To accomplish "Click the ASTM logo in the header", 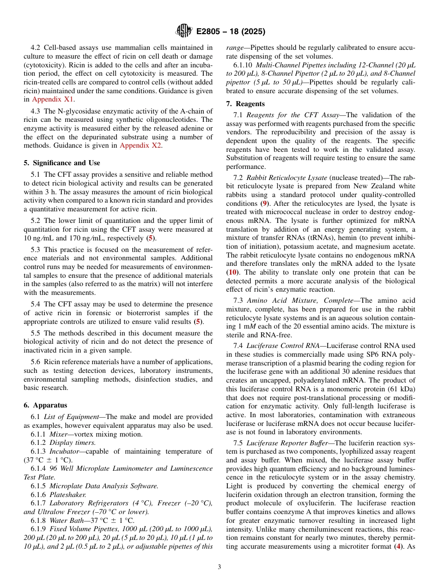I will click(184, 31).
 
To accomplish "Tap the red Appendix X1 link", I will click(53, 99).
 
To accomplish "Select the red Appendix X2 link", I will click(140, 145).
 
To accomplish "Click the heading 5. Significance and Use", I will click(61, 163).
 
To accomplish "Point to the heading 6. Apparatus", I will click(45, 405).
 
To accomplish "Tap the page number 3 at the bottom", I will click(219, 567).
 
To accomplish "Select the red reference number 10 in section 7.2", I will click(235, 272).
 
